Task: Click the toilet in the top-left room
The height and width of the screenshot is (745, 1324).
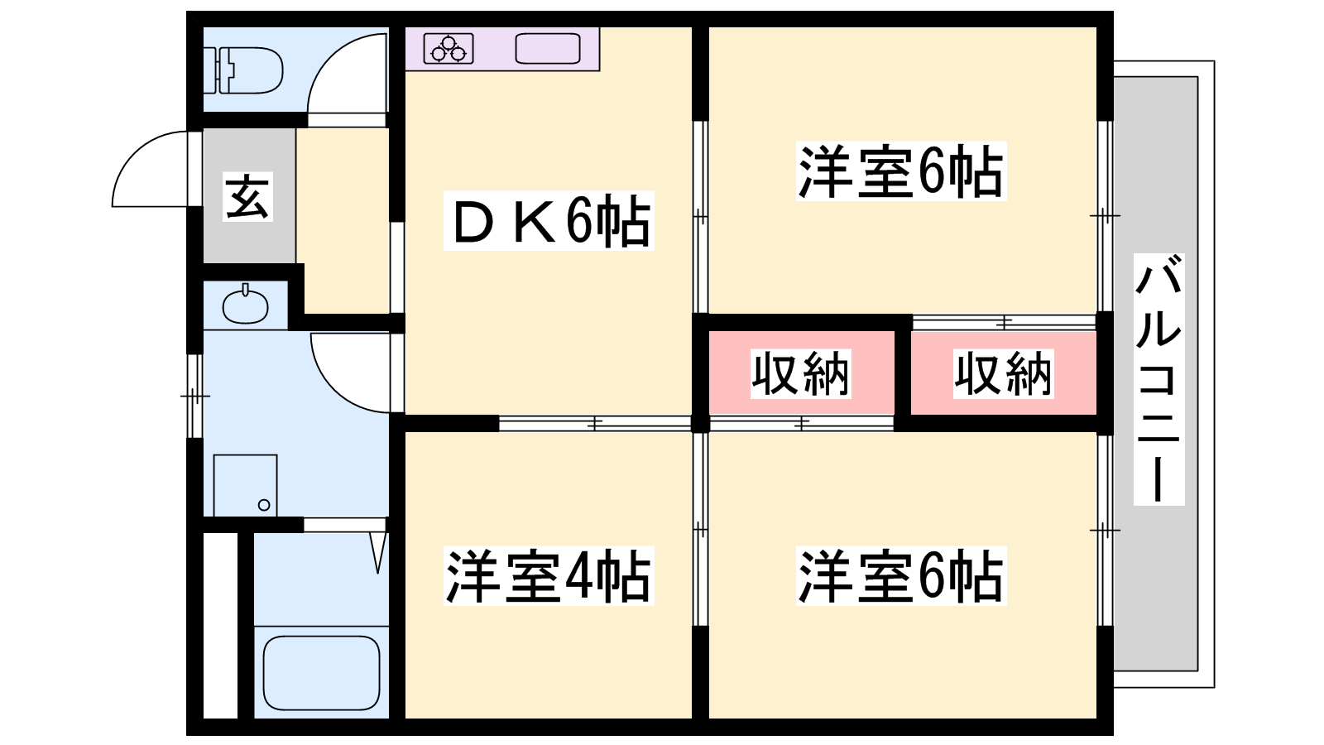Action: [x=246, y=70]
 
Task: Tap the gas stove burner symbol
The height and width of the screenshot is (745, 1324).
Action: [x=449, y=48]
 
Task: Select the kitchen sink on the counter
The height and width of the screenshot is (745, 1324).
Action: [x=547, y=48]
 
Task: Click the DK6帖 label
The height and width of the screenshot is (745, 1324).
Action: [x=549, y=221]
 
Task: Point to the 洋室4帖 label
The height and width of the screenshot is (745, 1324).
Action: [x=549, y=576]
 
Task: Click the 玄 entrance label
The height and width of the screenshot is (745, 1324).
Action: [x=247, y=197]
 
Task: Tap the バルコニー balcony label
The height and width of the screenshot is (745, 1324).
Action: [x=1158, y=379]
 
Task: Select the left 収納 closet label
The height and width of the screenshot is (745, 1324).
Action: [x=800, y=374]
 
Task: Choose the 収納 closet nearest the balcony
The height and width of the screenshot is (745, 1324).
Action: [x=1003, y=374]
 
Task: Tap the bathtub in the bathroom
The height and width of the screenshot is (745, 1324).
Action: [x=321, y=672]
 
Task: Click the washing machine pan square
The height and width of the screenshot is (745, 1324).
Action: [x=245, y=485]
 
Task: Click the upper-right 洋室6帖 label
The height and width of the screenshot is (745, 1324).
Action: [x=900, y=171]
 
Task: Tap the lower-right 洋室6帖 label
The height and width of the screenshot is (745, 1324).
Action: [x=900, y=576]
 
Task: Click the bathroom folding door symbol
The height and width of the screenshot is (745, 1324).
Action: [x=378, y=550]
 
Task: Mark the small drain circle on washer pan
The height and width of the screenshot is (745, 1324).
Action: [x=264, y=504]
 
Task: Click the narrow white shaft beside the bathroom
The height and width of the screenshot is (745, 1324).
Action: [x=220, y=625]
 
